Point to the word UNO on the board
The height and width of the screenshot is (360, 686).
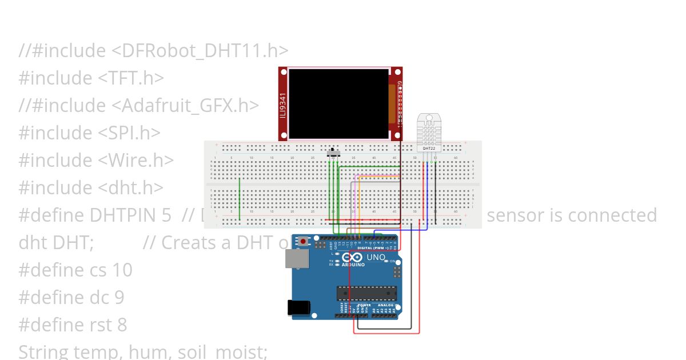(376, 257)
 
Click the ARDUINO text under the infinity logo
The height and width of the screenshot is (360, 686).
(354, 265)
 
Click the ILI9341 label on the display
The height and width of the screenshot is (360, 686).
(283, 106)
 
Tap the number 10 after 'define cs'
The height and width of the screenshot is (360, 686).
(123, 270)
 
